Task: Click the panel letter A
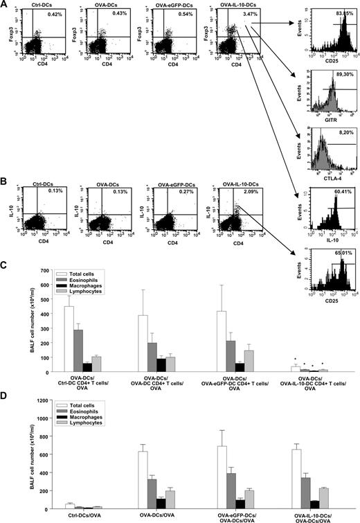pos(5,6)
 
